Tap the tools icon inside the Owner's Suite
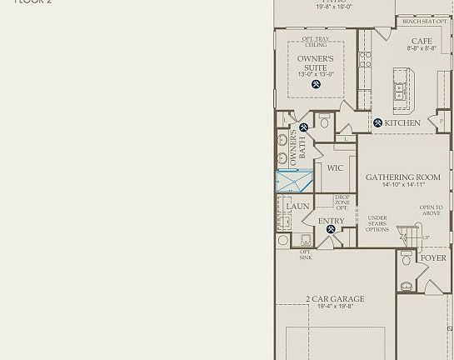(317, 84)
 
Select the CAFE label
(422, 41)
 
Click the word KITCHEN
(402, 123)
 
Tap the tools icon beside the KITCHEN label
(377, 123)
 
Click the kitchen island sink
(401, 91)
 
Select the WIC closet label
(335, 168)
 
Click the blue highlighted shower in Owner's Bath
(294, 181)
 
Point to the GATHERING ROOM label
(403, 177)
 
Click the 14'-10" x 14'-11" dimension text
(403, 185)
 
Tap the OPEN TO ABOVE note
(431, 210)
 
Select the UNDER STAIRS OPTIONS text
(377, 224)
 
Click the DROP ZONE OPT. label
(342, 202)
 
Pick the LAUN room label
(297, 207)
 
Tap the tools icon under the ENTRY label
(331, 229)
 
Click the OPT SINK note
(306, 255)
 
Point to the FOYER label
(433, 258)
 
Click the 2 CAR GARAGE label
(335, 299)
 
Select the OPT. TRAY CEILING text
(316, 42)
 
